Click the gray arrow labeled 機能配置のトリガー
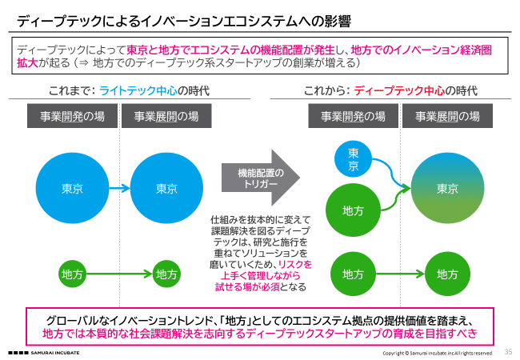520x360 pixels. pos(261,178)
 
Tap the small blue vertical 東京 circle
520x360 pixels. pos(353,159)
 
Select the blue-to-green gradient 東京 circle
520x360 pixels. pos(447,188)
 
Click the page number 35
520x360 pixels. pos(508,352)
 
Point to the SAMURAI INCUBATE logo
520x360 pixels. pos(43,353)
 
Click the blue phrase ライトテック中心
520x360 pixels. pos(138,90)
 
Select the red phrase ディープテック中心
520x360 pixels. pos(399,90)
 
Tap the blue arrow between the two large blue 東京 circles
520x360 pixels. pos(119,188)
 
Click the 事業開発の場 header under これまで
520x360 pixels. pos(72,116)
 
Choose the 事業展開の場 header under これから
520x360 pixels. pos(447,116)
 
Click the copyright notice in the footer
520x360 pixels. pos(438,353)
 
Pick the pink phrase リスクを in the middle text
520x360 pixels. pos(295,264)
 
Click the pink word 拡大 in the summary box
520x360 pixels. pos(27,62)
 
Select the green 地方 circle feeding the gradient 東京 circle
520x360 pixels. pos(353,210)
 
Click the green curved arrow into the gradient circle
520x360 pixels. pos(395,200)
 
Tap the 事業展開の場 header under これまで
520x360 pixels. pos(166,116)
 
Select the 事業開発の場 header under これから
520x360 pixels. pos(353,116)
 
